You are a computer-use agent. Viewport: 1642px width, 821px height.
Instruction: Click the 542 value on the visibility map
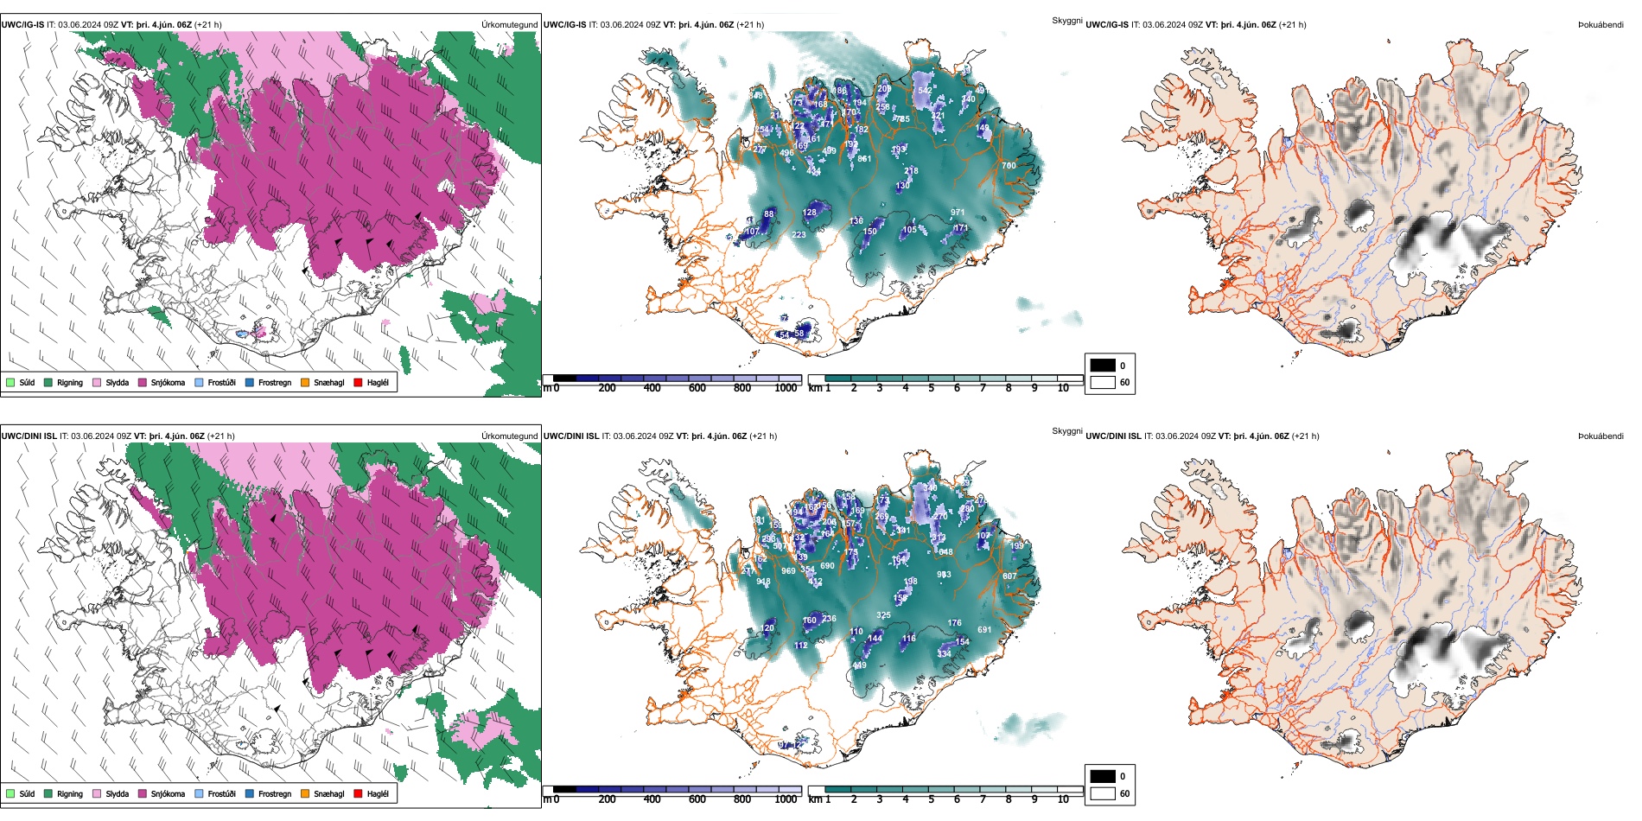925,91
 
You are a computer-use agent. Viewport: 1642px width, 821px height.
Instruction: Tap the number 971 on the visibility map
958,213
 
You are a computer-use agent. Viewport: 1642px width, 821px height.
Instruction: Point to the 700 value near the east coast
1009,166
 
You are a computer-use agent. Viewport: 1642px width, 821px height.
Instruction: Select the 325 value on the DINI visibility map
883,616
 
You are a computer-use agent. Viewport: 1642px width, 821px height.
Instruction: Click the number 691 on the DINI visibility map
984,630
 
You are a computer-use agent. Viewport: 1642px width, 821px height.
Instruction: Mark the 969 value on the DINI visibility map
788,571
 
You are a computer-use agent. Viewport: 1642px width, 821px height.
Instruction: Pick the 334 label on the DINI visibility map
944,654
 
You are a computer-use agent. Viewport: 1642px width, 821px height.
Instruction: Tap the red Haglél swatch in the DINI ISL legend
358,794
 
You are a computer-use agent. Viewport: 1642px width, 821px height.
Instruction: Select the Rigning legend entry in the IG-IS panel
69,383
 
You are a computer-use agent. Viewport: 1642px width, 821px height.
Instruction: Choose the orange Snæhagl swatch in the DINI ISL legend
305,794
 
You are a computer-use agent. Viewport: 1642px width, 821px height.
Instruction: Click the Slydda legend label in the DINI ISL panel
117,794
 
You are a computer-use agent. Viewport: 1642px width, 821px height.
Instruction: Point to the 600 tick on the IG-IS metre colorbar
697,389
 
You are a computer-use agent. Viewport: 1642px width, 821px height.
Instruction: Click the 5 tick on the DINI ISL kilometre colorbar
932,799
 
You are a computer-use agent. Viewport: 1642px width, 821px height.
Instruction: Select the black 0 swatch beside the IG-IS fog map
1103,366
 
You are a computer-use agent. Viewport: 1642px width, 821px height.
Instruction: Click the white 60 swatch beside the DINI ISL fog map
1103,793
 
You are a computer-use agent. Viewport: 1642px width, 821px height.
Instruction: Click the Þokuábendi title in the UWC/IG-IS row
1601,25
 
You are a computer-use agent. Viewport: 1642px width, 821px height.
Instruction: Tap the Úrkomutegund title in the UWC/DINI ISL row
509,436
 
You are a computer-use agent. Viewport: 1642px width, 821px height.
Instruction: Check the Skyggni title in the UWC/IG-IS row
1066,21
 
